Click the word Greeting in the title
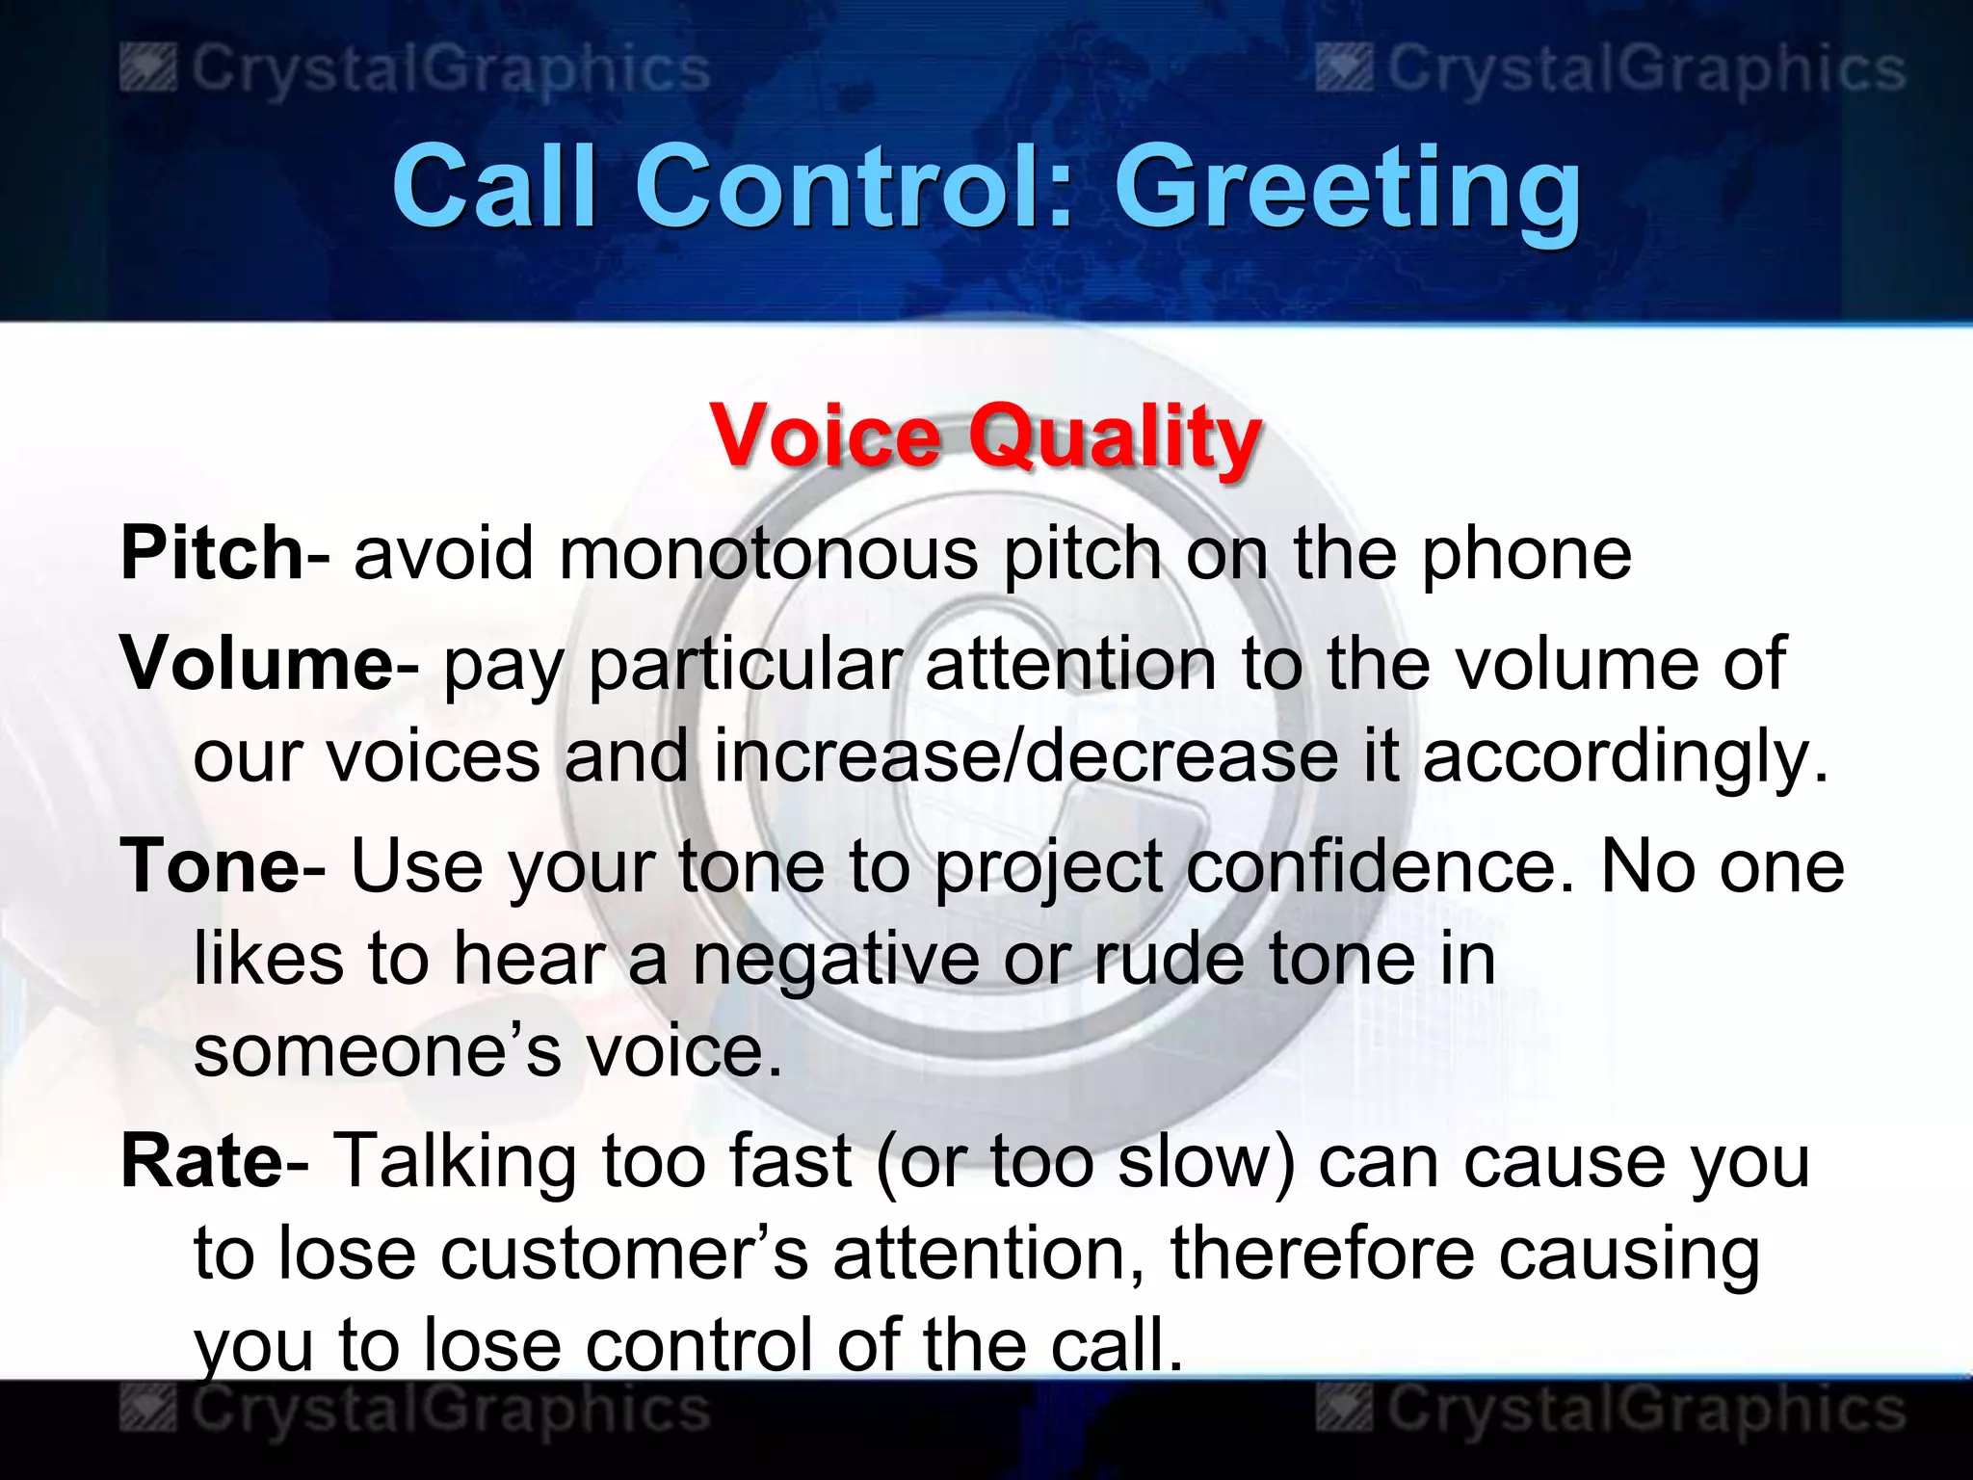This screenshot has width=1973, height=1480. click(x=1347, y=188)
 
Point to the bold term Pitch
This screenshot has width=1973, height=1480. click(x=212, y=553)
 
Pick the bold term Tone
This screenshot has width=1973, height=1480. click(x=210, y=865)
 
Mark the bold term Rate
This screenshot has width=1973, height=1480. click(x=201, y=1161)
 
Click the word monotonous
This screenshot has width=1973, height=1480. click(x=768, y=554)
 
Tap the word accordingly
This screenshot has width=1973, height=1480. click(x=1624, y=757)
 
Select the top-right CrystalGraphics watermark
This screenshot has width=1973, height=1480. click(x=1611, y=69)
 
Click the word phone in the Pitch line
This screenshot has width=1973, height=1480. click(x=1526, y=555)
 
